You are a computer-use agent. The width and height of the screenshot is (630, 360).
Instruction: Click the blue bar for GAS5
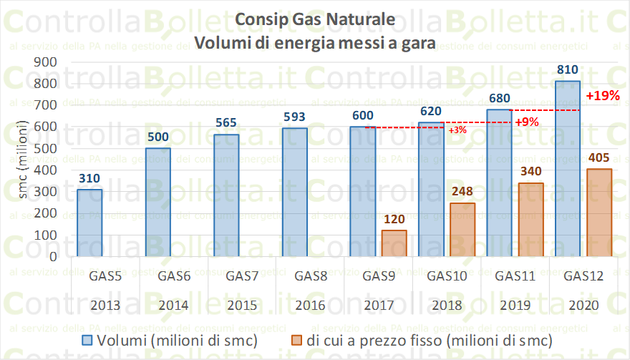89,222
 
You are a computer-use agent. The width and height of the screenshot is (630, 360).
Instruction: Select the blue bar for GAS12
568,168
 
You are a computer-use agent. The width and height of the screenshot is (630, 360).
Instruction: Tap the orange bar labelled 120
394,243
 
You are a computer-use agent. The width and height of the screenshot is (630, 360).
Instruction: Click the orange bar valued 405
598,212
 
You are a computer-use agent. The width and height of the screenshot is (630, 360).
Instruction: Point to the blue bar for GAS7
226,195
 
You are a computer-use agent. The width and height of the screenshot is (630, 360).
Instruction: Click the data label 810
568,70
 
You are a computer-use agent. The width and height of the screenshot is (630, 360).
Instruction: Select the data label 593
294,117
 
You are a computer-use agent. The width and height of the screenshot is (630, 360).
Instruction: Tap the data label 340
530,172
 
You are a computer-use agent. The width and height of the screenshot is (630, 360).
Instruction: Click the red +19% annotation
602,95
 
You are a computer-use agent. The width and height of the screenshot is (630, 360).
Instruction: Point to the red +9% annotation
526,122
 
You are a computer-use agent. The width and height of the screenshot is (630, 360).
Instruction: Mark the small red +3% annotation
457,130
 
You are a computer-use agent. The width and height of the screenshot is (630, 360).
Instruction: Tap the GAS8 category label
311,276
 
